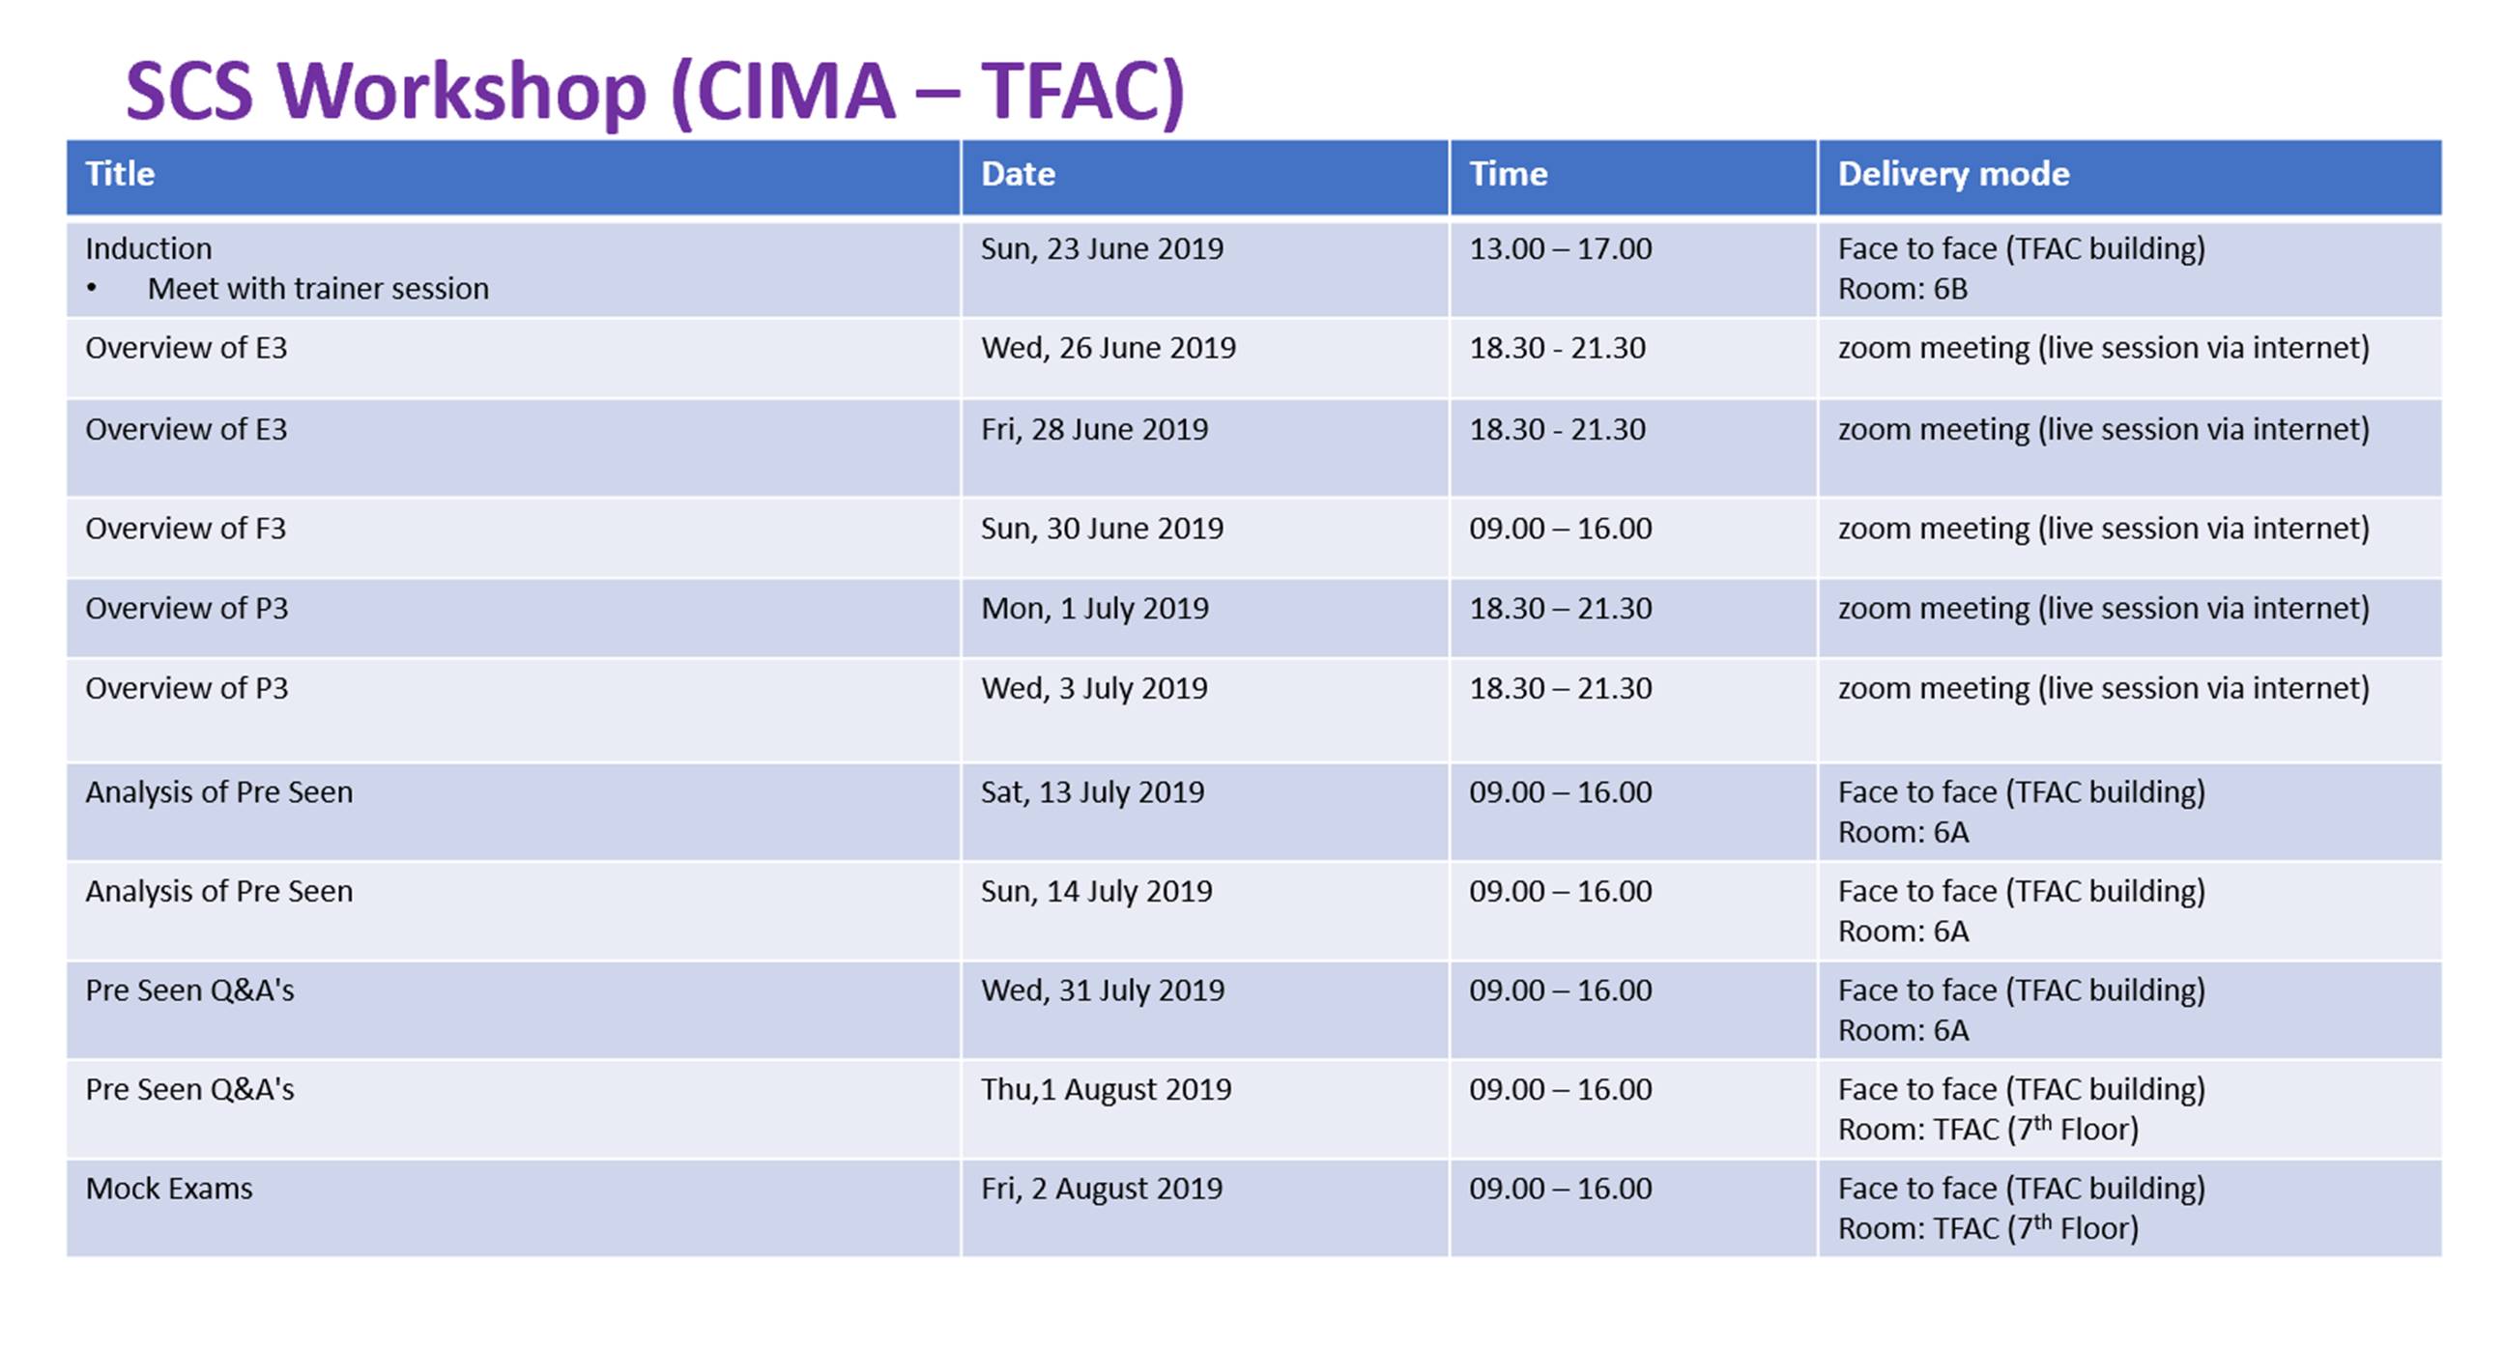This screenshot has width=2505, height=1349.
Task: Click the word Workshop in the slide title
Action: (462, 93)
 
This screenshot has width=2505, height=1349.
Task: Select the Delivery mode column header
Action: (1952, 174)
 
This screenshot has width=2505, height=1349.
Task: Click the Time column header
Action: (1508, 174)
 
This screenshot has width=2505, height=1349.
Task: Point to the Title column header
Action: (120, 174)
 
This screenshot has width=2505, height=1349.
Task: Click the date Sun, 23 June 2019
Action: (1102, 249)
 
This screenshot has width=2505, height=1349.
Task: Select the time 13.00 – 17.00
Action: (1560, 249)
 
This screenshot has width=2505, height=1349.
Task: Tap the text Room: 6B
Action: (1902, 289)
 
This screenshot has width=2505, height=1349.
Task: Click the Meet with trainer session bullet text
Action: (318, 289)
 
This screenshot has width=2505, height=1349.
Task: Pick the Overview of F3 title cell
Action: (186, 529)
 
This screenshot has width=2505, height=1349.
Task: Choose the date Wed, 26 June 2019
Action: (1108, 348)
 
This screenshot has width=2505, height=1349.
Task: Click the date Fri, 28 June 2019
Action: (1094, 429)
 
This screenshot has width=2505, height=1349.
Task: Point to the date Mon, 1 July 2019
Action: (1094, 609)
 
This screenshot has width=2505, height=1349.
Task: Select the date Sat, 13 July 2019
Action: (1092, 792)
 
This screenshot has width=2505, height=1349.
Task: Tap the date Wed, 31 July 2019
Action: (1103, 990)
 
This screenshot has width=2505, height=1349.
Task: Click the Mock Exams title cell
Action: (169, 1189)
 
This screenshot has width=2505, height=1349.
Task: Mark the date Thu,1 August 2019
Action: (1106, 1089)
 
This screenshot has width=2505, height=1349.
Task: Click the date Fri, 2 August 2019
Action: (1102, 1189)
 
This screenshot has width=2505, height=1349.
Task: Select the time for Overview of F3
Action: (1560, 529)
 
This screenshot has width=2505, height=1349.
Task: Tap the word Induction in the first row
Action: (148, 249)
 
